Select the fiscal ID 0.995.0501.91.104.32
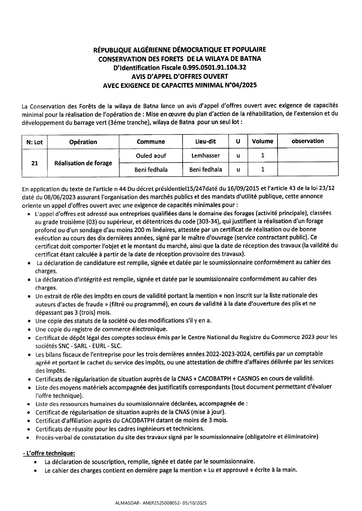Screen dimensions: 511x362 pos(214,68)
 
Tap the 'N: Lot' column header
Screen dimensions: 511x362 pos(34,142)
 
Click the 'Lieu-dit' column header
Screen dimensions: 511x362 pos(205,141)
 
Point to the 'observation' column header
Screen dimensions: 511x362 pos(307,141)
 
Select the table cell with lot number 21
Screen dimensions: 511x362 pos(34,163)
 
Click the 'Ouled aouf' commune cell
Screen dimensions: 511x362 pos(151,156)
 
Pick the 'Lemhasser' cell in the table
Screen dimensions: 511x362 pos(205,156)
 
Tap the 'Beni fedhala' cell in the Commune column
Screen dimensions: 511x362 pos(151,170)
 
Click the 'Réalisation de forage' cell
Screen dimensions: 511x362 pos(83,163)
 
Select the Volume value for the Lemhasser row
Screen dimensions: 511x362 pos(263,155)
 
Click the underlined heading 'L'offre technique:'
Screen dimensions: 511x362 pos(49,453)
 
